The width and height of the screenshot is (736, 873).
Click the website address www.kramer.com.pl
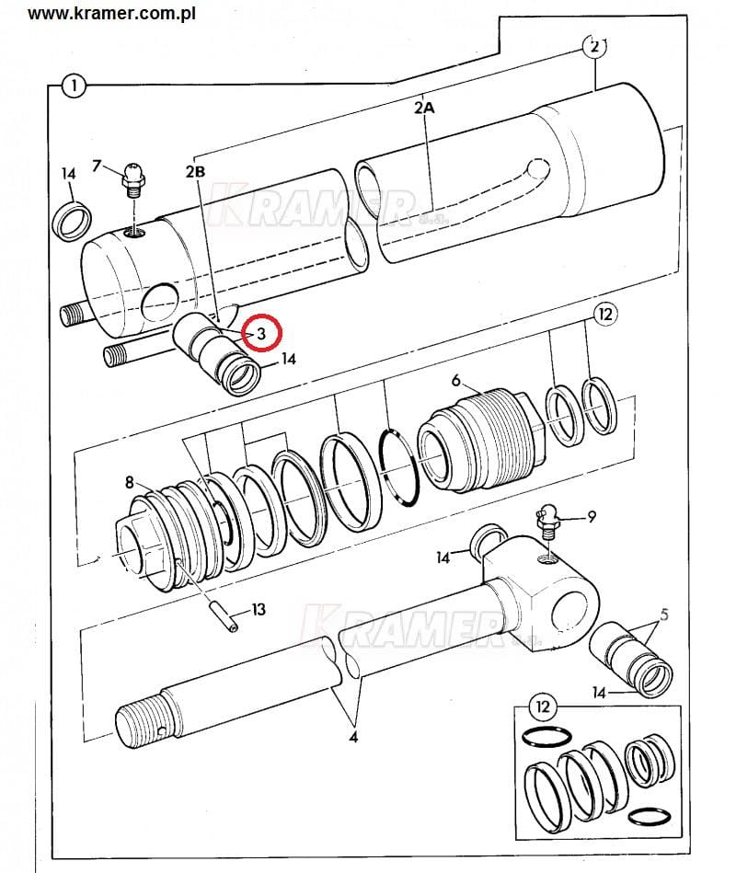(x=111, y=13)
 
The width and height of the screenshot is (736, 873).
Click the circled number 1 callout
(x=74, y=86)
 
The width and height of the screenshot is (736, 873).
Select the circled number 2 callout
(x=594, y=47)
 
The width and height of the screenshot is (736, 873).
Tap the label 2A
(x=424, y=107)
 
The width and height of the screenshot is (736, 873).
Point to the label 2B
(x=195, y=171)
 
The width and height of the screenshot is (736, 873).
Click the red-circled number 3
(x=261, y=334)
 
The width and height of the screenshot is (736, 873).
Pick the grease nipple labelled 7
(x=133, y=178)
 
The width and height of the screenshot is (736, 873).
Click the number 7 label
(x=97, y=166)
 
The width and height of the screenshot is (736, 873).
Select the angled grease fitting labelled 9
(x=548, y=520)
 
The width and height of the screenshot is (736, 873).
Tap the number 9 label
(x=592, y=517)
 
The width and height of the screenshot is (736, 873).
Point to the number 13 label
(x=259, y=610)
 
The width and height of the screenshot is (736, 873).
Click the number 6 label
(x=456, y=380)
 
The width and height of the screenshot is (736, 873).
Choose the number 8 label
(x=130, y=482)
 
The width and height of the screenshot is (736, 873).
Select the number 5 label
(x=663, y=615)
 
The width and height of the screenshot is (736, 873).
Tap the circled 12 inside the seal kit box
(x=542, y=706)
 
